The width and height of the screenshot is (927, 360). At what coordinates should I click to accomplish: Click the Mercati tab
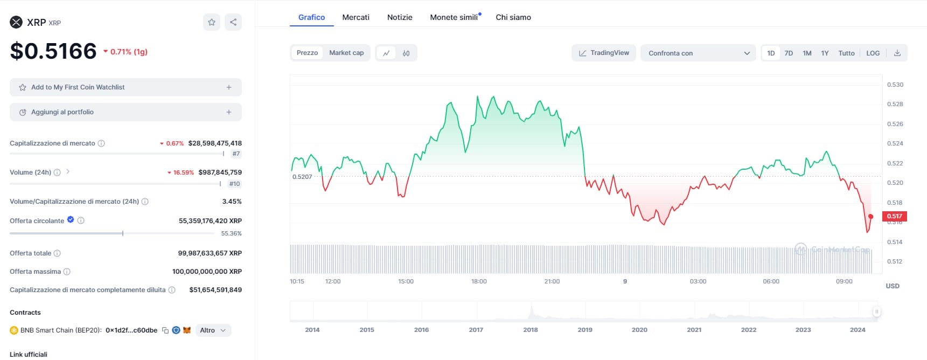point(356,17)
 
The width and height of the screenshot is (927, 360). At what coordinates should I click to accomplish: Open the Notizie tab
point(400,17)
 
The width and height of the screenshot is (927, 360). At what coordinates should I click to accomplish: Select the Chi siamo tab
point(513,17)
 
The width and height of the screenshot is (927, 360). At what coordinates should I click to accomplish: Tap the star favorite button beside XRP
point(212,22)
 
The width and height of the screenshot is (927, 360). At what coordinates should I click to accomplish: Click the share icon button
point(233,22)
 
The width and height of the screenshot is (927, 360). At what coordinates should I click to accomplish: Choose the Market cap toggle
point(346,53)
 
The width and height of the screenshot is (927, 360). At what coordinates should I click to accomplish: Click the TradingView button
point(604,53)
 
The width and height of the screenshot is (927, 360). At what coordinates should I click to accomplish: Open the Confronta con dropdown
point(699,53)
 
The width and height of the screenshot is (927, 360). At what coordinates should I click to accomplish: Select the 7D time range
point(789,53)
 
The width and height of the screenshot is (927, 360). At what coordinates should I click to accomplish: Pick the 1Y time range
point(825,53)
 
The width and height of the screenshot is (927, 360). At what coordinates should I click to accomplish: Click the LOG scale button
point(873,53)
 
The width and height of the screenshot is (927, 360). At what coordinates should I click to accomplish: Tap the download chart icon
point(897,53)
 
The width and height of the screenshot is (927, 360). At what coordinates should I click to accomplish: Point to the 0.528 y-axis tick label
point(895,104)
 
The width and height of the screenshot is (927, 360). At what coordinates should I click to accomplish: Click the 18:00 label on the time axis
point(479,281)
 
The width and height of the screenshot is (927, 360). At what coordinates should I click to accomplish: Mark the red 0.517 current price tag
point(894,216)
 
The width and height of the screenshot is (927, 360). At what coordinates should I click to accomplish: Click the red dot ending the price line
point(870,217)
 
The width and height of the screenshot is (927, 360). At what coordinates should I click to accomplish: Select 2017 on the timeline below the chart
point(476,330)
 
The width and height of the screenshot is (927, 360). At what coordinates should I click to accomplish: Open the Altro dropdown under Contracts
point(213,330)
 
